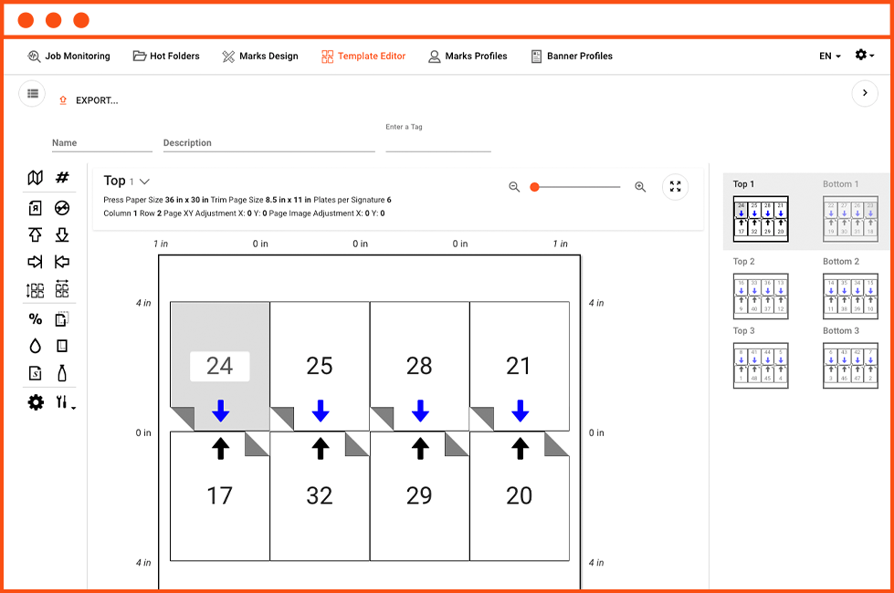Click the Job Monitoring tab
pos(69,56)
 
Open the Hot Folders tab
pos(166,56)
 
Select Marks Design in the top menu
pos(260,56)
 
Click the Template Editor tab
pos(363,56)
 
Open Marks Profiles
pos(468,56)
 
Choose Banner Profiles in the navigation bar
pos(572,56)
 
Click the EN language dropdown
pos(829,56)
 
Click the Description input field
pos(268,143)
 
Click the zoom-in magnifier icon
pos(640,187)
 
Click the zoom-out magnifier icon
pos(514,187)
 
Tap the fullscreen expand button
pos(676,187)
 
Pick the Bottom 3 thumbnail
pos(850,366)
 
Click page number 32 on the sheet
pos(320,495)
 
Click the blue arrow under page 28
pos(420,411)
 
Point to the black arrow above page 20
pos(520,448)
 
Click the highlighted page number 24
pos(219,366)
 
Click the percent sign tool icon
pos(36,319)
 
